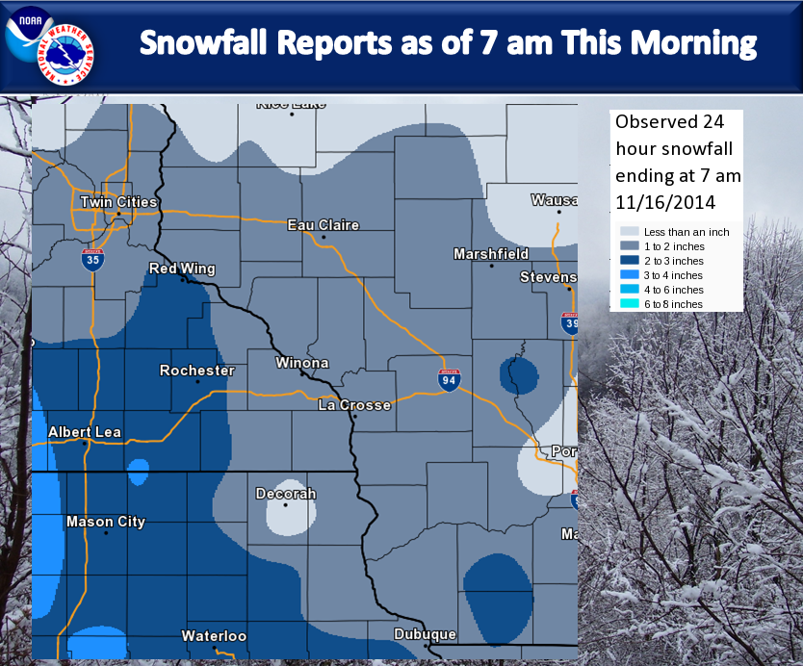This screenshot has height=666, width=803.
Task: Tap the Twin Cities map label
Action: pos(117,202)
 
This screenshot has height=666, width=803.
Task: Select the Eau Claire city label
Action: pos(324,225)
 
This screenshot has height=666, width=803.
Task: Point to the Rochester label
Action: pos(196,371)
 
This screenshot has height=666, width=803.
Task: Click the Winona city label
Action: pos(301,364)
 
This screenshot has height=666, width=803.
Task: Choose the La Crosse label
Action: pos(354,405)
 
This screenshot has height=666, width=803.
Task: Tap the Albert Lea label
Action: pos(85,432)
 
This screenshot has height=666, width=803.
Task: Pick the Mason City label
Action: pos(106,522)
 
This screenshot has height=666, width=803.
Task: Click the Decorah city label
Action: pos(285,494)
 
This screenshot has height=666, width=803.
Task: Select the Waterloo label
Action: pos(214,636)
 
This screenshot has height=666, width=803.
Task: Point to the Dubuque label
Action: pos(424,634)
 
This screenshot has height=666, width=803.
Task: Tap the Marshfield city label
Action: pos(491,254)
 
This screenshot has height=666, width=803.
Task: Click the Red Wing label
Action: pos(182,269)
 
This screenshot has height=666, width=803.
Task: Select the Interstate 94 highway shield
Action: pos(448,380)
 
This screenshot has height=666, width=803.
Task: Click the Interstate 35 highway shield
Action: pos(92,258)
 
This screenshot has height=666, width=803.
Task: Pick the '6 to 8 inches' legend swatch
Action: pos(630,304)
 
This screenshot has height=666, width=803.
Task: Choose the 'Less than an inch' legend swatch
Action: pos(630,232)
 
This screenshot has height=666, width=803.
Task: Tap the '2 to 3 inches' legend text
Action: pos(674,261)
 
